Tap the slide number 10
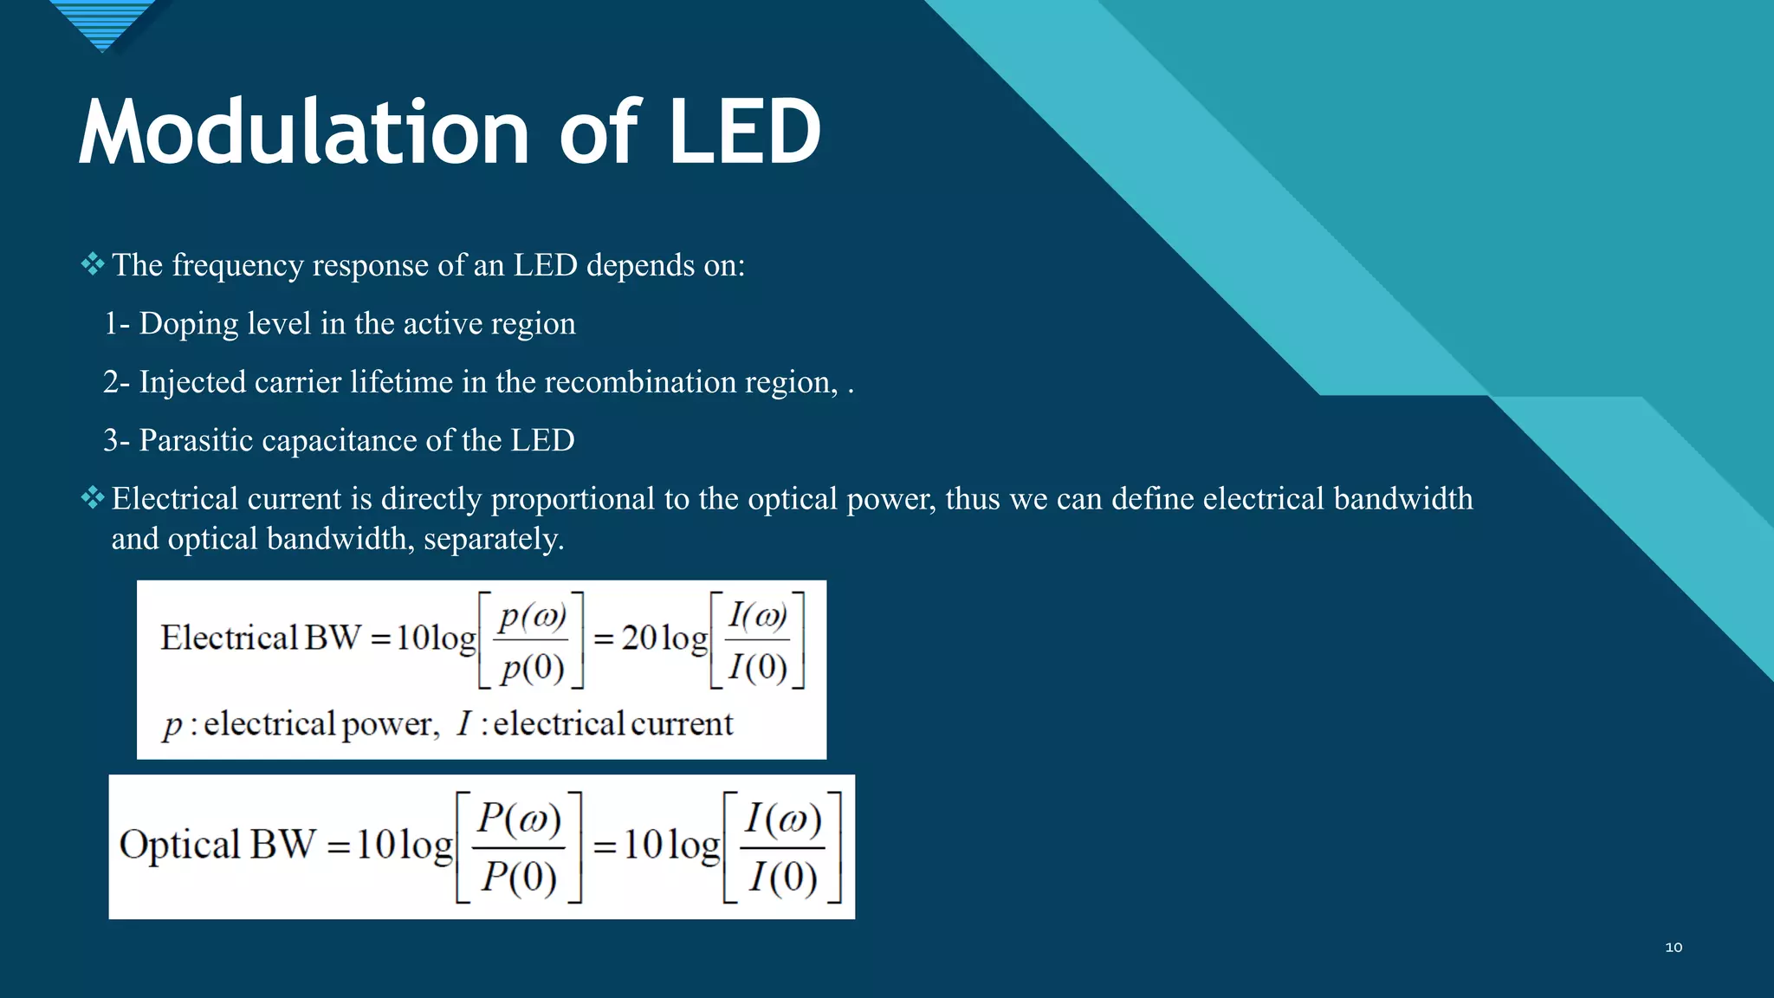point(1674,948)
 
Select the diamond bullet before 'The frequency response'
point(92,263)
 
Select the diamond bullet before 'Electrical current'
point(92,497)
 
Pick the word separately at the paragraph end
point(493,540)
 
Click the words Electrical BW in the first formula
point(260,638)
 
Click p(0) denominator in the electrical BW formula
point(532,667)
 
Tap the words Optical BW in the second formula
point(217,845)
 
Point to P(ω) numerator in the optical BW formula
point(519,818)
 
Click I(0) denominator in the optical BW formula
point(782,877)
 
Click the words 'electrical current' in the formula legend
point(612,724)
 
